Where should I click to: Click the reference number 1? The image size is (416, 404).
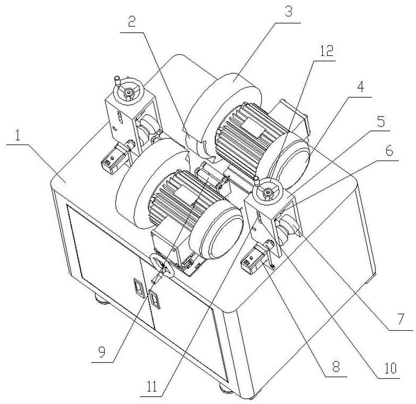click(17, 135)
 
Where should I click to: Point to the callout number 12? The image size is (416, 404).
click(326, 51)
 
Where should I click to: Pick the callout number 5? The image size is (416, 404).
click(381, 122)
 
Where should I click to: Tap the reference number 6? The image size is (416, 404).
click(389, 151)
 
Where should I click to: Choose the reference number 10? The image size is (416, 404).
click(390, 368)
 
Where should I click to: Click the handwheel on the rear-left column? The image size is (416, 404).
click(129, 91)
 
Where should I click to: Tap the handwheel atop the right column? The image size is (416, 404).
click(268, 191)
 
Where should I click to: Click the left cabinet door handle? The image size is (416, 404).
click(138, 287)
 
